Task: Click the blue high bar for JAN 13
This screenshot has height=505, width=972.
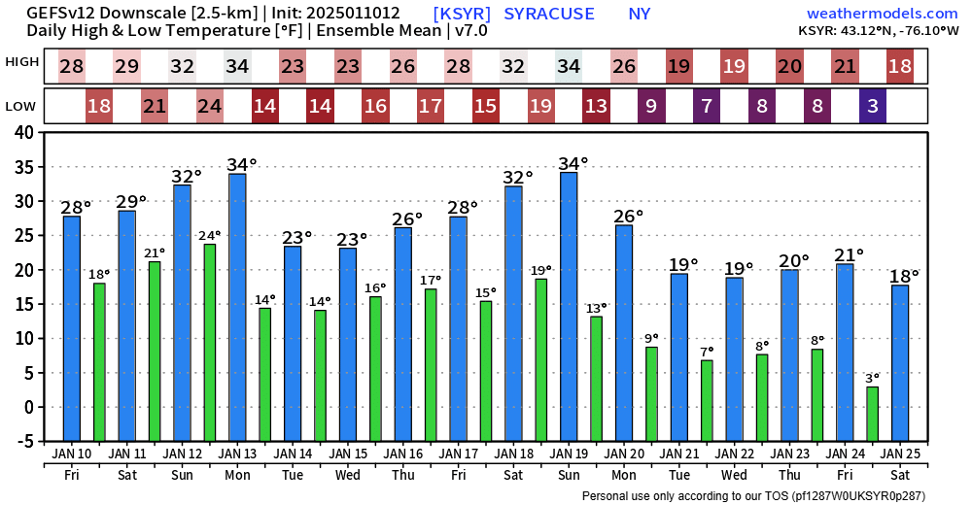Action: [x=237, y=307]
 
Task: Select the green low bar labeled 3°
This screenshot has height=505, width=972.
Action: [x=873, y=414]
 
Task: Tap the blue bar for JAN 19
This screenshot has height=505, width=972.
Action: [x=569, y=306]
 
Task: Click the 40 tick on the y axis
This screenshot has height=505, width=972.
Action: [x=25, y=132]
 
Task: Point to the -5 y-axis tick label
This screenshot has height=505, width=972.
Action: [x=23, y=441]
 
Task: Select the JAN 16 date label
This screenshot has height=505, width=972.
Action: [x=403, y=454]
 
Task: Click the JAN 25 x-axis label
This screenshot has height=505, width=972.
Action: [x=900, y=454]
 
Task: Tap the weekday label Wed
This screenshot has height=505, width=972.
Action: [x=348, y=475]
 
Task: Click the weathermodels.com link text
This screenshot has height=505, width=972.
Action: [x=882, y=14]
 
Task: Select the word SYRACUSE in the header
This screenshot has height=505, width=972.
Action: [x=549, y=14]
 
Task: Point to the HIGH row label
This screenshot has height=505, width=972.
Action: [x=22, y=62]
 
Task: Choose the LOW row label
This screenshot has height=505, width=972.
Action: [x=22, y=105]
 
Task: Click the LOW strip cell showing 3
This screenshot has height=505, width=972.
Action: [x=873, y=106]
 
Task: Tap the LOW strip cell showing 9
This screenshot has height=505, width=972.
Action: [x=651, y=106]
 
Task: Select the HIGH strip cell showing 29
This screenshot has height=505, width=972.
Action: [x=126, y=67]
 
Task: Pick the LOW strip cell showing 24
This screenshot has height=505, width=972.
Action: [x=210, y=106]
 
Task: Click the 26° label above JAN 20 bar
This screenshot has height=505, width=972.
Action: [x=629, y=216]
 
